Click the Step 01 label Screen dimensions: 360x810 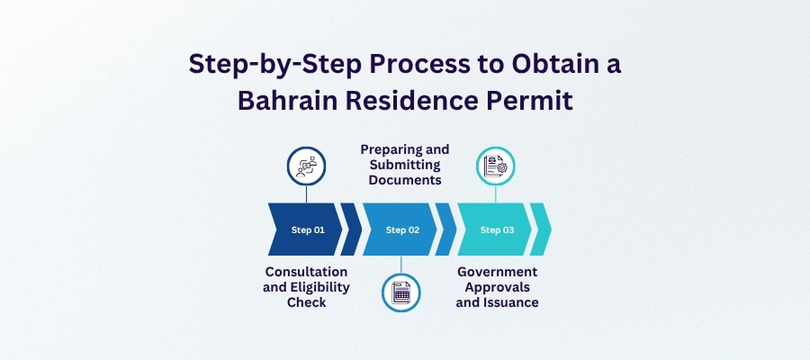pos(308,229)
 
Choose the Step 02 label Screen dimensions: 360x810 pos(402,229)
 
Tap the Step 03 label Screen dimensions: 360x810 pos(497,229)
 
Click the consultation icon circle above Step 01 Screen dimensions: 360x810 pos(307,166)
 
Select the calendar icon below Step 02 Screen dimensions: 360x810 pos(401,292)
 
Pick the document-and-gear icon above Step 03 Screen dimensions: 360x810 pos(496,166)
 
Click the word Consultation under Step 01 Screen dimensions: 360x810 pos(307,272)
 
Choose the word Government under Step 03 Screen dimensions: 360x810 pos(497,272)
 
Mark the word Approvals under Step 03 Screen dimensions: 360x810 pos(497,287)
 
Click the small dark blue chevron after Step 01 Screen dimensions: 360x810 pos(351,229)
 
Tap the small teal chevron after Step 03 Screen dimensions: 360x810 pos(540,229)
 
